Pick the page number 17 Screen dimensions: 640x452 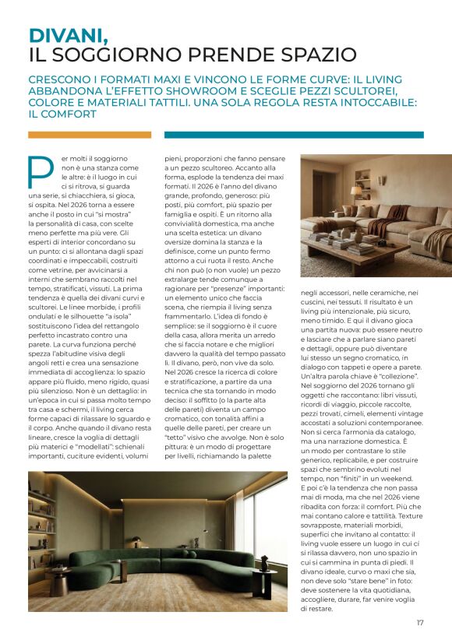point(420,622)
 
